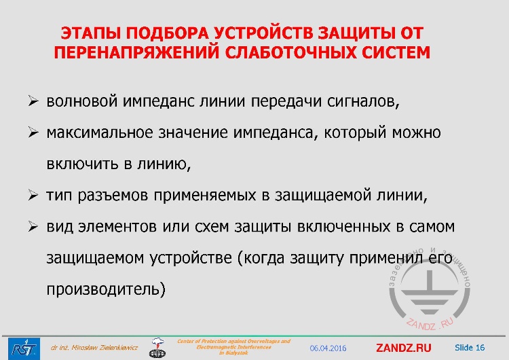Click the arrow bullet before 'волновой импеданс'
tap(33, 102)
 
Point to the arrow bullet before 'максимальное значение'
tap(33, 132)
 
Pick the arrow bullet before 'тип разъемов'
tap(33, 196)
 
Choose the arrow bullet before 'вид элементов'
tap(33, 226)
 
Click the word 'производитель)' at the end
tap(106, 289)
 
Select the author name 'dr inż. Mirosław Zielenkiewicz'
tap(94, 348)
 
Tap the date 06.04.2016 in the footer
tap(328, 348)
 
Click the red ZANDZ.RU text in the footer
tap(403, 348)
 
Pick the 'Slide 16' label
tap(470, 348)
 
